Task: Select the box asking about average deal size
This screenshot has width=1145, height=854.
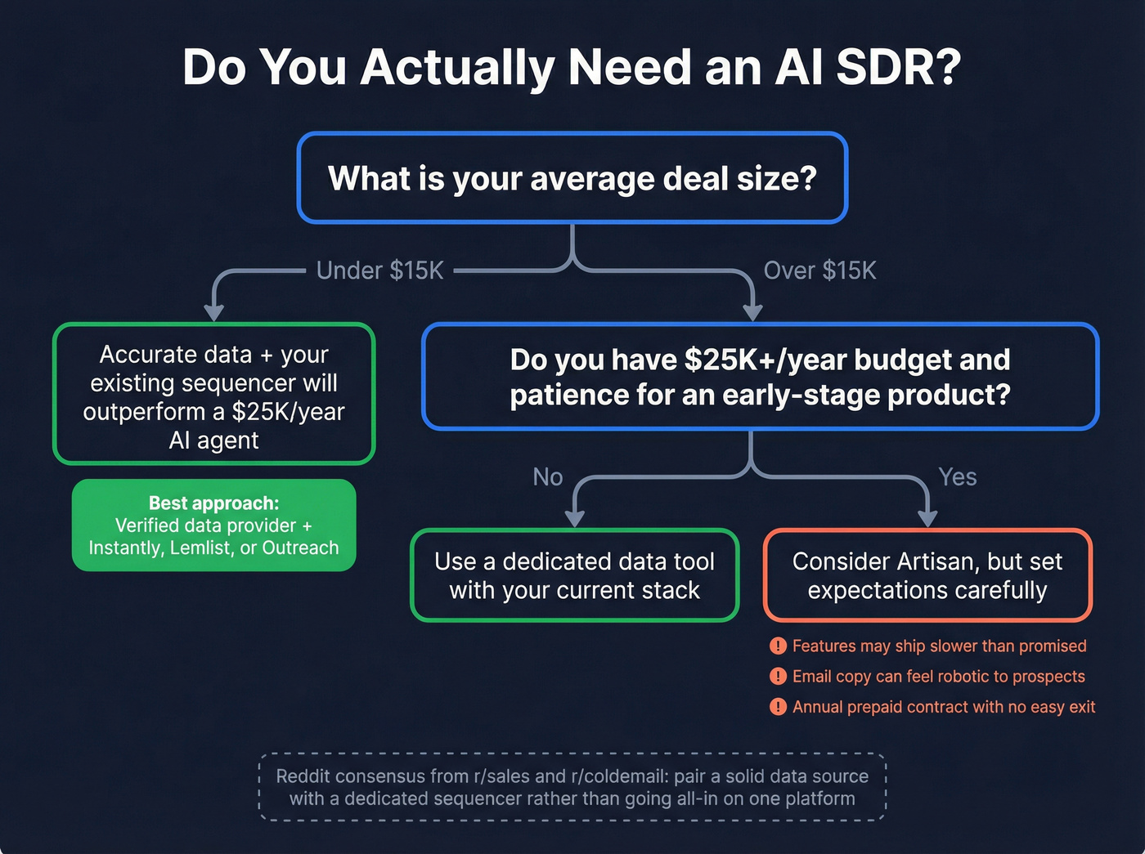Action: (572, 178)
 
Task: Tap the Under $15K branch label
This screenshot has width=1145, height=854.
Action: (379, 271)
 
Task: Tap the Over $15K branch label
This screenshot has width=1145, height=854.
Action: (819, 271)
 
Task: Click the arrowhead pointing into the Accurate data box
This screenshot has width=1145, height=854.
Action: (214, 313)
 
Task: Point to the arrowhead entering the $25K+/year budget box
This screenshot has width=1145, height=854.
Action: (752, 313)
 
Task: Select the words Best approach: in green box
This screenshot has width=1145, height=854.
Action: (213, 503)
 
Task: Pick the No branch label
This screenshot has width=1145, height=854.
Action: (547, 477)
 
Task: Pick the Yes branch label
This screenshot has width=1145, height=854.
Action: (957, 477)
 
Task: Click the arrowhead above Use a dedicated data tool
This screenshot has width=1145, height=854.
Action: (575, 519)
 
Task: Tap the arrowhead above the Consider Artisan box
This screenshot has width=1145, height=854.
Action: (927, 519)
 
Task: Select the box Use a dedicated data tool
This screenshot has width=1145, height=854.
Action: (574, 575)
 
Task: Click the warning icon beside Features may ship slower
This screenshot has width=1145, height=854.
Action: (778, 646)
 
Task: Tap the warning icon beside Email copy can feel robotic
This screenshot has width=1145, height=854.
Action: (778, 677)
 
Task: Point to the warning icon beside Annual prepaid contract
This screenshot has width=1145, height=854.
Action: (778, 707)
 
